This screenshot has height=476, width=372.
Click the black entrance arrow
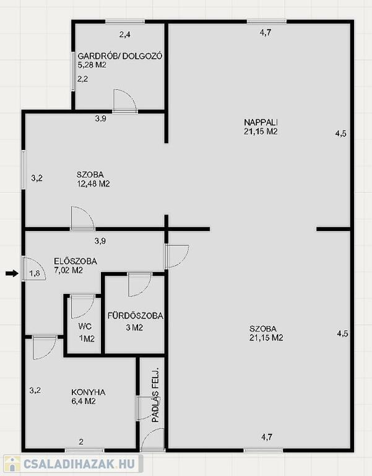(12, 274)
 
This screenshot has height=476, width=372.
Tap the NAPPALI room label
(261, 122)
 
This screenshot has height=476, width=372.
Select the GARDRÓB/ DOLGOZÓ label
(120, 56)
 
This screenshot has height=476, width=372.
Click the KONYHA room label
(89, 392)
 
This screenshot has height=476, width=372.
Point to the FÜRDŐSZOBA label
(135, 315)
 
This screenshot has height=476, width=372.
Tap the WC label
(85, 327)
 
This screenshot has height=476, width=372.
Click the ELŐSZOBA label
(76, 261)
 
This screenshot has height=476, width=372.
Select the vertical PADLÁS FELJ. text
(155, 395)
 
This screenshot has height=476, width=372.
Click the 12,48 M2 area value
(93, 183)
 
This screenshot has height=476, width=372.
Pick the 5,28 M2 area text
(92, 65)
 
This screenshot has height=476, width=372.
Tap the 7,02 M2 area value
(68, 270)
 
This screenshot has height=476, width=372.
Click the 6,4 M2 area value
(84, 402)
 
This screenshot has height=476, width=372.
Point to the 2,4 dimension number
(124, 35)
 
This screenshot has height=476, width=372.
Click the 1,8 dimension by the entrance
(35, 273)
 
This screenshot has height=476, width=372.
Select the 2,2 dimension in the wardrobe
(83, 79)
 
